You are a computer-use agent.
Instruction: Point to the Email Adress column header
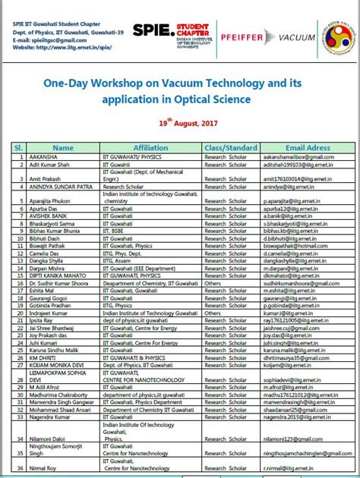(x=308, y=148)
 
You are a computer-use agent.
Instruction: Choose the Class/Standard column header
(x=231, y=148)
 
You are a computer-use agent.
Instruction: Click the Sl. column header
(x=16, y=148)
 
